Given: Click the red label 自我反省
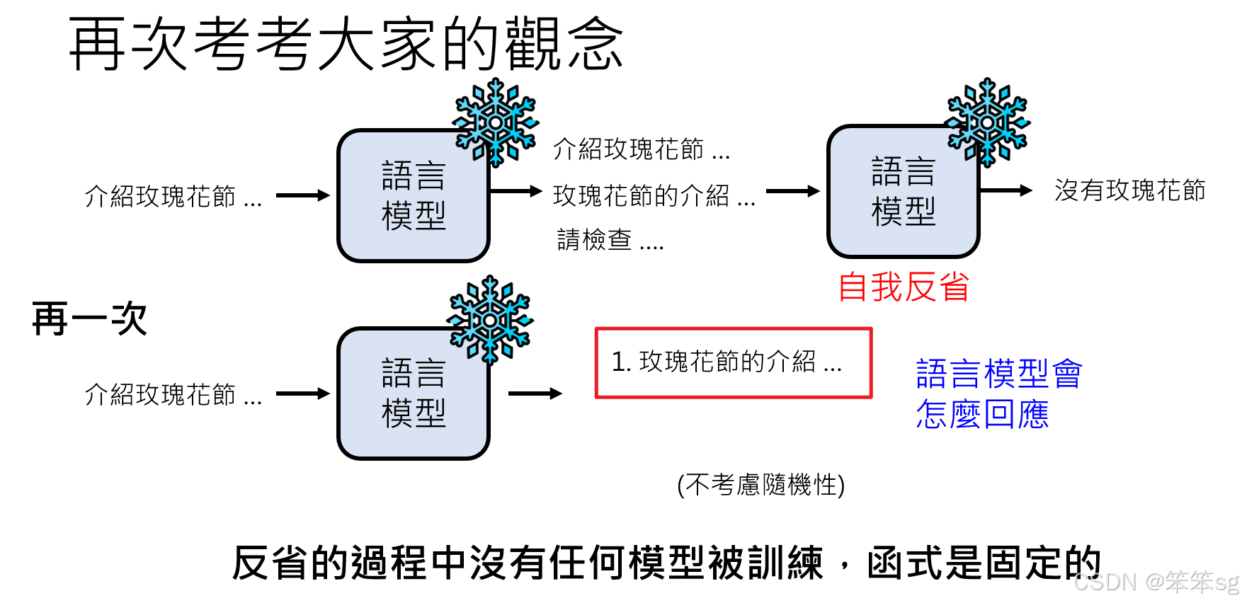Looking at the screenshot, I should click(x=904, y=287).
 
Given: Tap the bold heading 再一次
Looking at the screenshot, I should click(x=89, y=318).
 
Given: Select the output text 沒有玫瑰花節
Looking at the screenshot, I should click(x=1129, y=190).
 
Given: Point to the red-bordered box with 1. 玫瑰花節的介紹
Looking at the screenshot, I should click(x=733, y=362).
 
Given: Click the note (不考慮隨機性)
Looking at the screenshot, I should click(x=760, y=485).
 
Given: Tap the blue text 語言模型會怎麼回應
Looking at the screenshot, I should click(x=998, y=394).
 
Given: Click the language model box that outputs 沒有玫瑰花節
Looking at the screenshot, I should click(x=903, y=192).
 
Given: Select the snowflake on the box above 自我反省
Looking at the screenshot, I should click(x=988, y=122).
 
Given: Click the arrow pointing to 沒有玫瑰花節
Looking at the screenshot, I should click(x=1005, y=190).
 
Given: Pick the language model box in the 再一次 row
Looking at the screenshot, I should click(x=414, y=394).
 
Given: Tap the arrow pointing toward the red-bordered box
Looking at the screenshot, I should click(x=535, y=394).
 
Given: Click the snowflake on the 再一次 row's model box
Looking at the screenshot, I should click(x=490, y=320).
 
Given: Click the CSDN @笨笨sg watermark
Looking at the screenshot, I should click(x=1156, y=582).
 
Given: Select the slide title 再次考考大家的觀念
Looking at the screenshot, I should click(x=346, y=44).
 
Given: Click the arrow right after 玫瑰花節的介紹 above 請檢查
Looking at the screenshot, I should click(x=792, y=191).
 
